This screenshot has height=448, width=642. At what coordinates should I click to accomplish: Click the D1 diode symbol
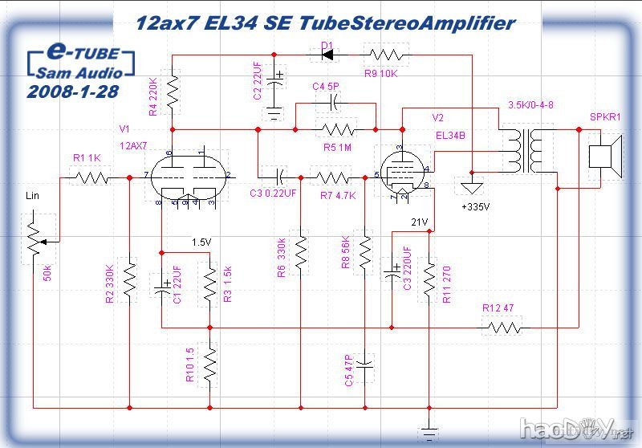[x=327, y=55]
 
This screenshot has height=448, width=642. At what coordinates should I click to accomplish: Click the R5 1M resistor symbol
[x=336, y=128]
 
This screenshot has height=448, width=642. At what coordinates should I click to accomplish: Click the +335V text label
[x=476, y=207]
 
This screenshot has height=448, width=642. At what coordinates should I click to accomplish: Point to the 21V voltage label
[x=421, y=222]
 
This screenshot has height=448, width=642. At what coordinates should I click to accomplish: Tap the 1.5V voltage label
[x=202, y=242]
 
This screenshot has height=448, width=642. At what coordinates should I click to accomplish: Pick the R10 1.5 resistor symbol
[x=210, y=365]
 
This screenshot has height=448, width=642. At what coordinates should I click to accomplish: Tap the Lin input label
[x=33, y=196]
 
